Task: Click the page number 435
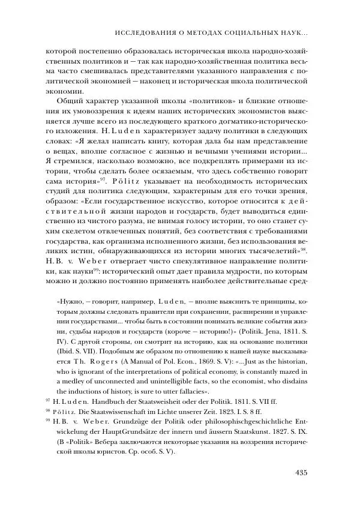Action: pyautogui.click(x=301, y=472)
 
